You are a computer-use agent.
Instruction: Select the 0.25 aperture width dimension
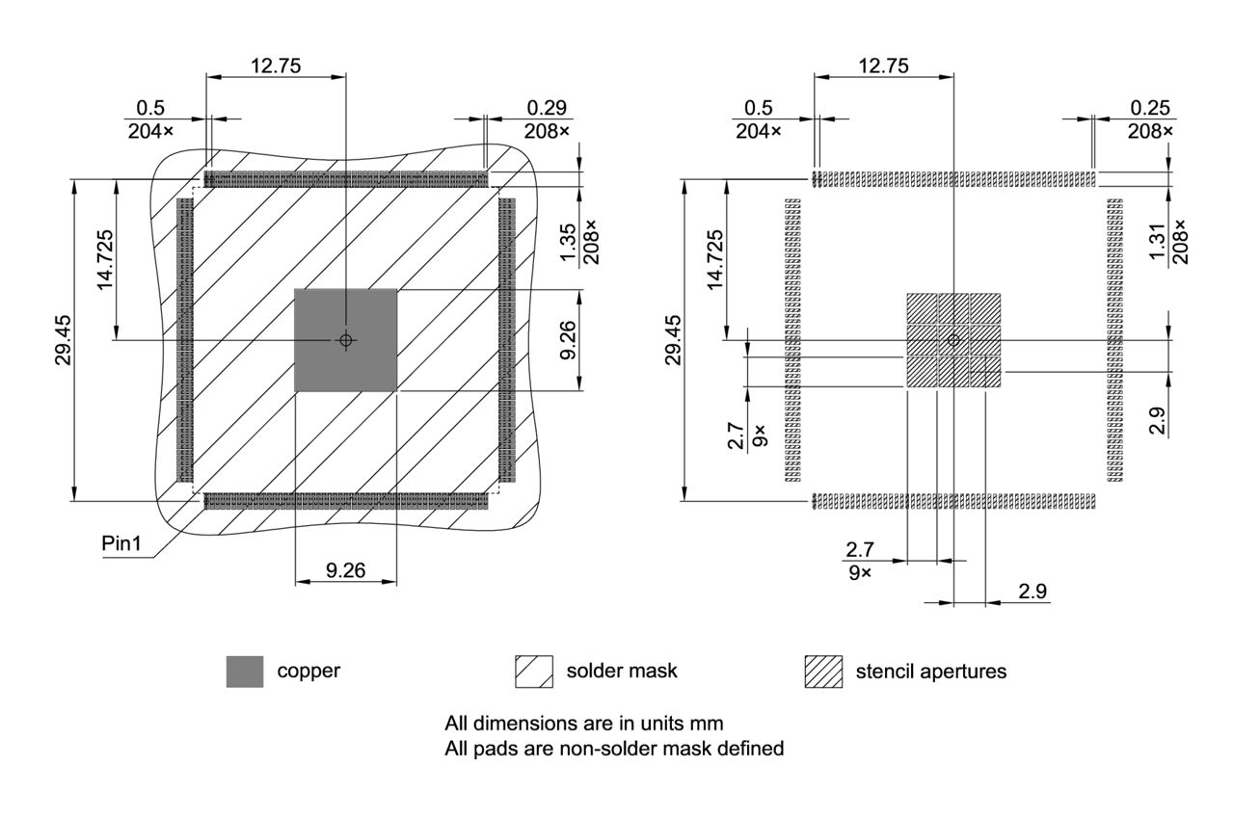(x=1152, y=108)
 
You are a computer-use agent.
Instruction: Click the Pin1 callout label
(x=121, y=544)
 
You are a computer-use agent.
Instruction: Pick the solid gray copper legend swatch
(x=244, y=672)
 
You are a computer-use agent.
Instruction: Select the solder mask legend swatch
(x=534, y=672)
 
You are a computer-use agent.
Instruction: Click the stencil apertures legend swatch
(x=822, y=672)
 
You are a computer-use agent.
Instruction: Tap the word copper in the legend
(x=308, y=672)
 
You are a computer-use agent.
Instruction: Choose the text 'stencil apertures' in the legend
(x=930, y=672)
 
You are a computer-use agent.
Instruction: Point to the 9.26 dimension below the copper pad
(x=345, y=570)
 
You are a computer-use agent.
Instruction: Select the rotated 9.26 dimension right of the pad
(x=568, y=340)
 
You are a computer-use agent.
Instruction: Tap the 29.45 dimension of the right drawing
(x=673, y=339)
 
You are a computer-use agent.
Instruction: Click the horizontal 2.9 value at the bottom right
(x=1033, y=592)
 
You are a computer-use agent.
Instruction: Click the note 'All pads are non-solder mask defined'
(x=614, y=748)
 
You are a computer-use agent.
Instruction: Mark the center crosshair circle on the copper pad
(x=346, y=340)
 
